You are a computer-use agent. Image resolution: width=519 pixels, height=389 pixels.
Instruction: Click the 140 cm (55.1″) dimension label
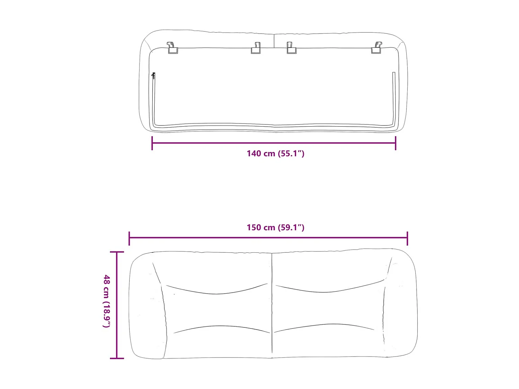(275, 154)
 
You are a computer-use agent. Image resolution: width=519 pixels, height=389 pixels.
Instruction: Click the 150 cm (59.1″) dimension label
(275, 228)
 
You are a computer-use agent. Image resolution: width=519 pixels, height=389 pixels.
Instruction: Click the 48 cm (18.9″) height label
(107, 301)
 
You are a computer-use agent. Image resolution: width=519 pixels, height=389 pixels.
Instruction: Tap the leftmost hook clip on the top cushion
(172, 48)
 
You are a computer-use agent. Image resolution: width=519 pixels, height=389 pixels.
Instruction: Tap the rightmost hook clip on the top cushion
(377, 48)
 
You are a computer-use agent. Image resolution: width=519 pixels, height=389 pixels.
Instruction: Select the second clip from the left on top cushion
(256, 48)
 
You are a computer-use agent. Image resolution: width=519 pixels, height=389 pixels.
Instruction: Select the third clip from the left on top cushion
(291, 48)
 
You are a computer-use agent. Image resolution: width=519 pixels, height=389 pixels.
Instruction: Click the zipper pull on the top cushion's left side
(153, 76)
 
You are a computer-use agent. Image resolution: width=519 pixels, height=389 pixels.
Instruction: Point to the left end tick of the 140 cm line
(152, 143)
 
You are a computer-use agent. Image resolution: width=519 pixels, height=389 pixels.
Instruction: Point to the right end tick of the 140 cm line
(395, 143)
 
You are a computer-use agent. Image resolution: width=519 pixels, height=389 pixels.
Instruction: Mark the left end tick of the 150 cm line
(129, 238)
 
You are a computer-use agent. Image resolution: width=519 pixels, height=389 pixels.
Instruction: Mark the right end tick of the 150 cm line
(407, 238)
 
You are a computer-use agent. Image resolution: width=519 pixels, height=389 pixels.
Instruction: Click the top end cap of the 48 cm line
(117, 252)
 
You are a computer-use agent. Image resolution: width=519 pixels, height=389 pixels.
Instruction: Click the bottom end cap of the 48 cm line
(117, 358)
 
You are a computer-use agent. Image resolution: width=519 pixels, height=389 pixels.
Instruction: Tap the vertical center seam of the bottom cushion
(272, 304)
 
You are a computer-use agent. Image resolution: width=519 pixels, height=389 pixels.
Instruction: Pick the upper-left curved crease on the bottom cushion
(216, 293)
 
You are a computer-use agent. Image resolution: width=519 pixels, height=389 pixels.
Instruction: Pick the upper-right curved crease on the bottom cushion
(329, 291)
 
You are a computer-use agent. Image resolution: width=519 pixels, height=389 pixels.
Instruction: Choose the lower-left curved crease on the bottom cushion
(221, 327)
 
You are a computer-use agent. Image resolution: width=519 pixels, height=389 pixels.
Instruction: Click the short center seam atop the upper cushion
(274, 41)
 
